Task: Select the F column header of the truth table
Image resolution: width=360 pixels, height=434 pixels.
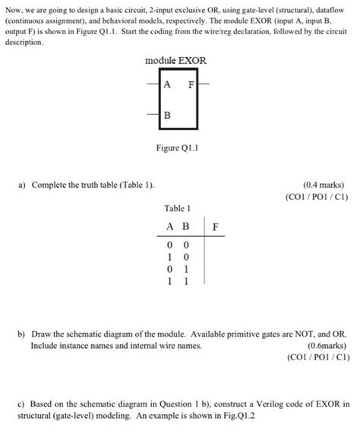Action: pyautogui.click(x=215, y=226)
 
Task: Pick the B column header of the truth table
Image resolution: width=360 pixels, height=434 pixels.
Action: pyautogui.click(x=184, y=226)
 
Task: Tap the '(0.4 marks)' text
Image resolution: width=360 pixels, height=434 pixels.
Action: pyautogui.click(x=323, y=184)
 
